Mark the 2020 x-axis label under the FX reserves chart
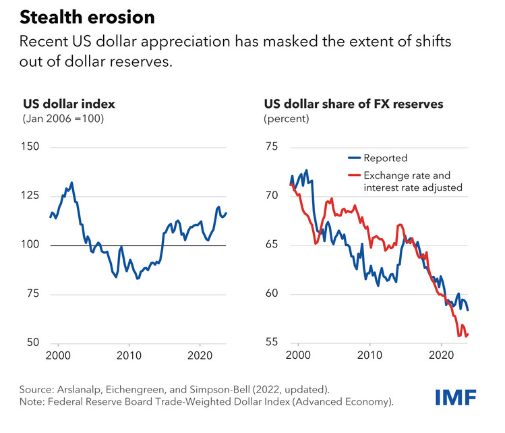click(x=441, y=355)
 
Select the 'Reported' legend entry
click(x=385, y=158)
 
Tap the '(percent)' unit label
click(x=287, y=119)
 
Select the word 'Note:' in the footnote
click(x=34, y=403)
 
